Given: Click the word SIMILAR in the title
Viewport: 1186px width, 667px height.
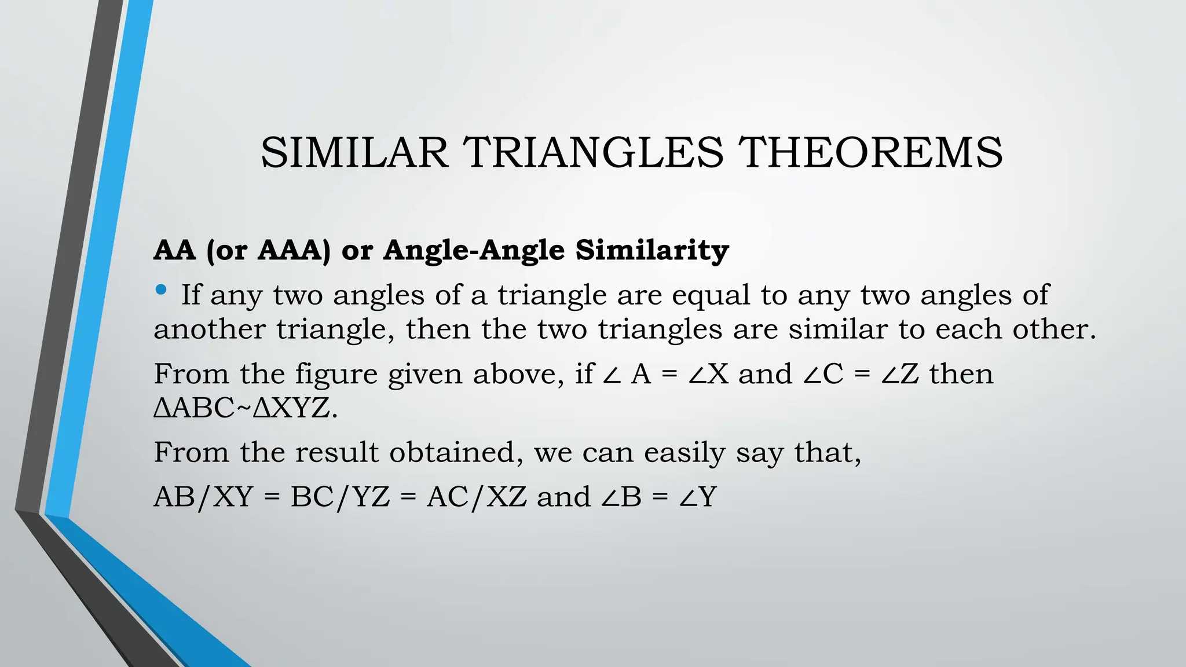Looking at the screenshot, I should (x=354, y=153).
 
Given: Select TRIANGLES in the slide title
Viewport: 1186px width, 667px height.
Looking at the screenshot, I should (x=595, y=153).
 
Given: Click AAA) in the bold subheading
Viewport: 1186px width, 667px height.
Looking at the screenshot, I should (x=294, y=250).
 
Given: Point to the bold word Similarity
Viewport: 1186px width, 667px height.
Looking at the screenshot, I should (x=652, y=250).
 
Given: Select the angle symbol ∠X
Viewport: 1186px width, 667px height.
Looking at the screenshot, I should (x=708, y=374).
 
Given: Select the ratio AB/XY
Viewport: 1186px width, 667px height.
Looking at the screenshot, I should (x=203, y=497).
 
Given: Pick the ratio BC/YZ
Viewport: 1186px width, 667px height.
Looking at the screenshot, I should (x=340, y=497).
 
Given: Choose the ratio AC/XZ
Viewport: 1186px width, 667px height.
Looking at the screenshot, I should (x=477, y=497).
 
